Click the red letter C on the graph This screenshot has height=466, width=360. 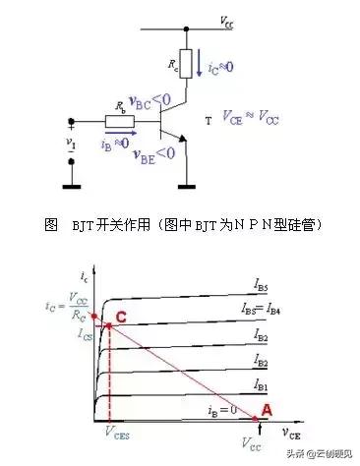tap(120, 315)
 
